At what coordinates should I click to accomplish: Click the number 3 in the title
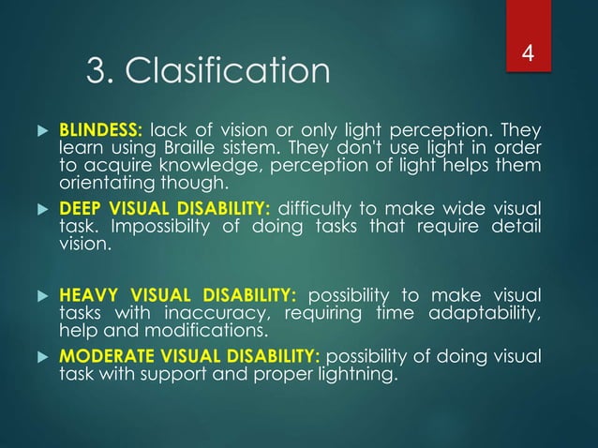coord(94,71)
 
